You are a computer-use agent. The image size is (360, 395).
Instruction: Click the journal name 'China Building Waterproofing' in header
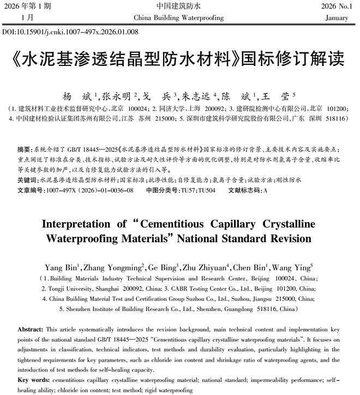tap(178, 18)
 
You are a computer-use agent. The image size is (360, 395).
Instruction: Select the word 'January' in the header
tap(336, 18)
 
